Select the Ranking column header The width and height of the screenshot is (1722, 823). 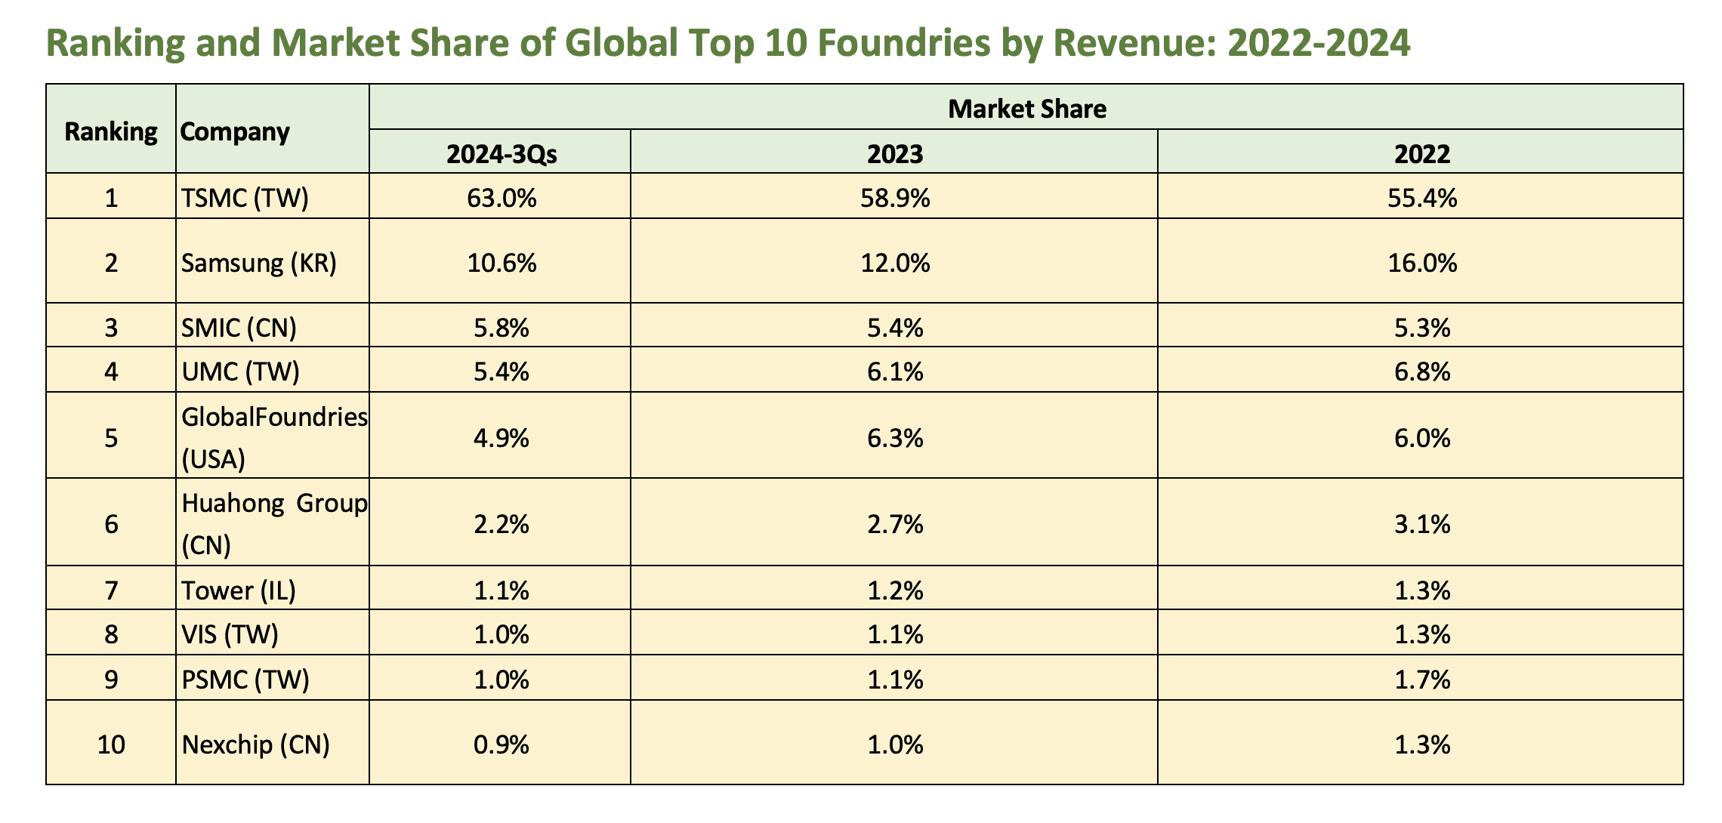pos(111,132)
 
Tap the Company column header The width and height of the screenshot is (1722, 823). pos(235,132)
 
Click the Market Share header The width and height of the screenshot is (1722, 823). pos(1027,109)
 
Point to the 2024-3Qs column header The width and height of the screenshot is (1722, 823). pos(501,154)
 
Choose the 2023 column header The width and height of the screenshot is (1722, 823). pos(895,154)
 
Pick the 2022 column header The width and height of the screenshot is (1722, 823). pos(1422,154)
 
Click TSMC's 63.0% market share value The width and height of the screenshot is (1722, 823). pos(501,198)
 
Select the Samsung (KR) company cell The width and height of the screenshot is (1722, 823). pos(259,263)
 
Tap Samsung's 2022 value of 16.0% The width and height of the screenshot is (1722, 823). pos(1422,263)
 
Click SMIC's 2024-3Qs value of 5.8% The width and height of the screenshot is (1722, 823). pos(501,328)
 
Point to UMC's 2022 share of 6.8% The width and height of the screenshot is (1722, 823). pos(1422,371)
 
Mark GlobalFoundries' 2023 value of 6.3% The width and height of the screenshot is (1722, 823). pos(895,438)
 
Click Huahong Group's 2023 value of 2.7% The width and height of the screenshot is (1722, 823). pos(895,524)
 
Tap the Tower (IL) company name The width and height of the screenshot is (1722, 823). pos(239,590)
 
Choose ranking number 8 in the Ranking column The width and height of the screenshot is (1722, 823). pos(111,634)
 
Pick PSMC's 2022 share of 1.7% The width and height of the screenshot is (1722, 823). pos(1422,680)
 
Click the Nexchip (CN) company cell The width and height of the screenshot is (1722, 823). pos(256,745)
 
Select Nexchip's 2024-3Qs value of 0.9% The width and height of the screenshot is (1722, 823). pos(501,745)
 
